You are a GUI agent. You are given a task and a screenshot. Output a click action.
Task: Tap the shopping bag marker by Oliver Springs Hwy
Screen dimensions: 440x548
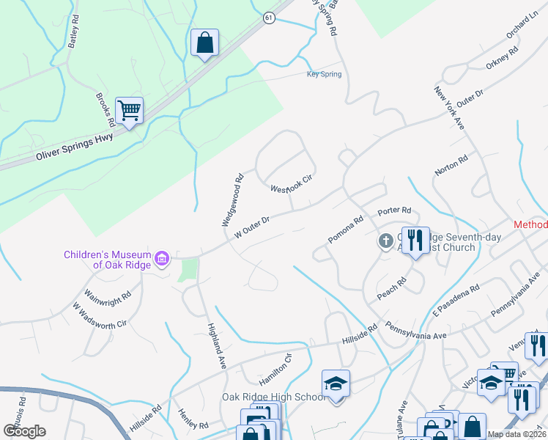(204, 43)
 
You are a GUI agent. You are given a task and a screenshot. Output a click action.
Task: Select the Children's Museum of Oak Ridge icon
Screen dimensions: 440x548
(162, 257)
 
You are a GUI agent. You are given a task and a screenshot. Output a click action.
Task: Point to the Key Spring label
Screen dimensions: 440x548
(324, 74)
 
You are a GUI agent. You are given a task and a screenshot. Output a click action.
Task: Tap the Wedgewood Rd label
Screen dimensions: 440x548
(232, 199)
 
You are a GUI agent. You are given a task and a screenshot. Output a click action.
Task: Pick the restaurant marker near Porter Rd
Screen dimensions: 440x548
(415, 240)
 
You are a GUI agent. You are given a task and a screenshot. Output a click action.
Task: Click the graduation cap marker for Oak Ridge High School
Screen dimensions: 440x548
(336, 384)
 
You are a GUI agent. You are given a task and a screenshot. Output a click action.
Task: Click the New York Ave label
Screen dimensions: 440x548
(449, 109)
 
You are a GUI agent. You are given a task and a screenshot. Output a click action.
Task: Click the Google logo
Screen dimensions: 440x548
(24, 430)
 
